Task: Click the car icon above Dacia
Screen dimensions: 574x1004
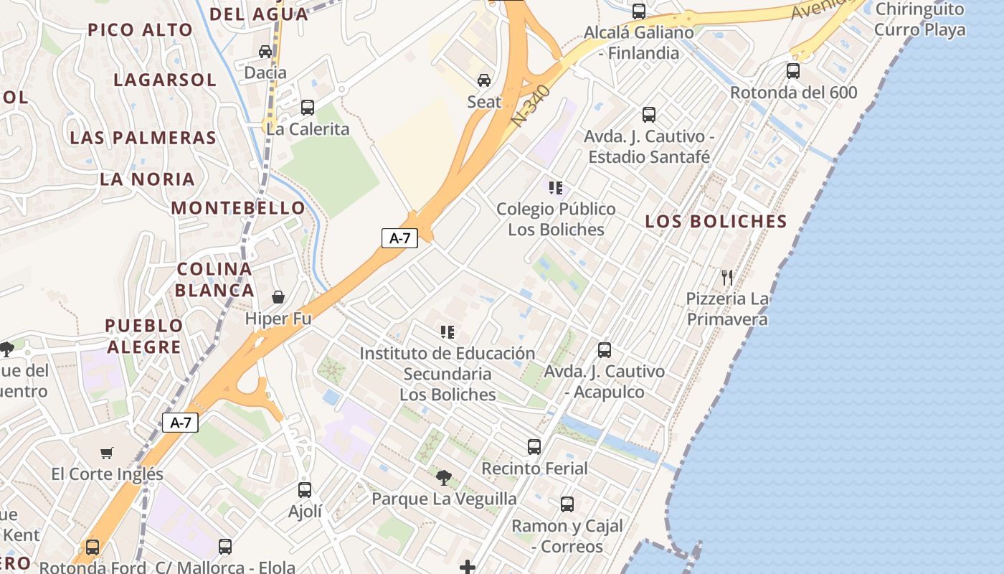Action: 265,51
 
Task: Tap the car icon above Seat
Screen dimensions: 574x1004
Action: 484,80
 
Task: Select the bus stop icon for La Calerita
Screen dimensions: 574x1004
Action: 308,108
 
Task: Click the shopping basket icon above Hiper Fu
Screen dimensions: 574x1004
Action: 278,297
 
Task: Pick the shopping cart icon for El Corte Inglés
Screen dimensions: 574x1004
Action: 107,453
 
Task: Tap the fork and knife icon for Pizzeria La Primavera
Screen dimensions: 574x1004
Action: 727,277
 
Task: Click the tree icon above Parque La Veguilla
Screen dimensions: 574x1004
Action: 444,477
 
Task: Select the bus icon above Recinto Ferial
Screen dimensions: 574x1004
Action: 534,447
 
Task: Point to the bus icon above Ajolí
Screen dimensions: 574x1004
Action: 305,490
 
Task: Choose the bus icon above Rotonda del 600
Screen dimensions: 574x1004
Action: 793,71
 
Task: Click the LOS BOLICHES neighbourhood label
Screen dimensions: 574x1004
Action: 716,221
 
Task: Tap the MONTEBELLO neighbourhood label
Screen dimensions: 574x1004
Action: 238,208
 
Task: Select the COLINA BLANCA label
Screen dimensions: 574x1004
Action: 214,280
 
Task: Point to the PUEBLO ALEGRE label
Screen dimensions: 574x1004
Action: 143,337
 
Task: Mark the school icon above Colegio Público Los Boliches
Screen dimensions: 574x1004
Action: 556,188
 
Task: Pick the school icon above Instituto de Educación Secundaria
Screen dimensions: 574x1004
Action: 447,332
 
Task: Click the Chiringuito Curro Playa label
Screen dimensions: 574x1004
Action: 919,19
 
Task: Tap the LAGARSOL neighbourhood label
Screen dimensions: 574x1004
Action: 165,80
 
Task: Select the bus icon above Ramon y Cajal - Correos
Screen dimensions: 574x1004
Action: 567,504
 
